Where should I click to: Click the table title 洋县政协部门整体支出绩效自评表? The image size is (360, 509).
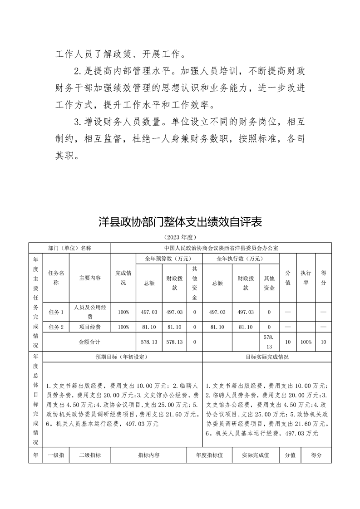point(180,223)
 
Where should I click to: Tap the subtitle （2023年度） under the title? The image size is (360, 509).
point(180,237)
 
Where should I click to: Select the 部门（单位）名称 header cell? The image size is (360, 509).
point(69,248)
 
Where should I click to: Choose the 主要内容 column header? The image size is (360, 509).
point(90,278)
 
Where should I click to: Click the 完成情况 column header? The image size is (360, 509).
point(123,278)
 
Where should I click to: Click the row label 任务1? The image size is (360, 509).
point(56,312)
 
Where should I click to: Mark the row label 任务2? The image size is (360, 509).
point(56,327)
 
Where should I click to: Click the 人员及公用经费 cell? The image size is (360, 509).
point(90,312)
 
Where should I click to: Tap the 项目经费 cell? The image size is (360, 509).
point(90,327)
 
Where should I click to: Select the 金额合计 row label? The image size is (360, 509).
point(89,342)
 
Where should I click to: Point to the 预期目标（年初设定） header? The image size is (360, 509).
point(121,357)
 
